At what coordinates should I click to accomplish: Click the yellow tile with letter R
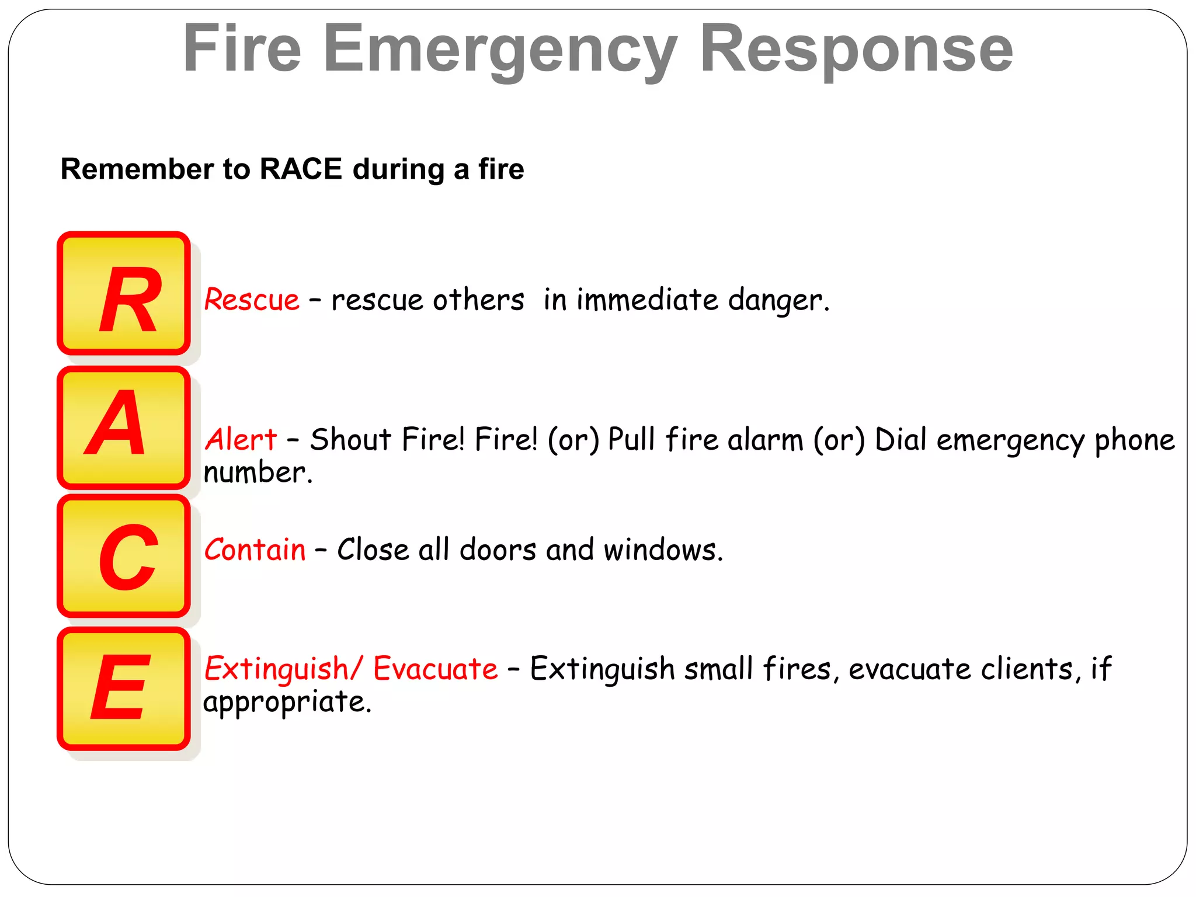click(124, 294)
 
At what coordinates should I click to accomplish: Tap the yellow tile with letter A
click(124, 427)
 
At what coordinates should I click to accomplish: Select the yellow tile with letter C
click(124, 555)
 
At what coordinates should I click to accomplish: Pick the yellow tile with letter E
click(124, 689)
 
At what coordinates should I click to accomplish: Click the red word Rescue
click(252, 300)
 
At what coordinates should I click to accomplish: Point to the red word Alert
click(241, 440)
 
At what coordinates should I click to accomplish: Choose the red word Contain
click(255, 550)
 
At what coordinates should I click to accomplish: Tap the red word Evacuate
click(436, 669)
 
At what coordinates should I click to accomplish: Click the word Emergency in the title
click(500, 50)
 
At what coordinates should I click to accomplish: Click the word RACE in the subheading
click(301, 169)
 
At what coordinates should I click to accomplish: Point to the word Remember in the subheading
click(137, 169)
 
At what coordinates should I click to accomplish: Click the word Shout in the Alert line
click(350, 440)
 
